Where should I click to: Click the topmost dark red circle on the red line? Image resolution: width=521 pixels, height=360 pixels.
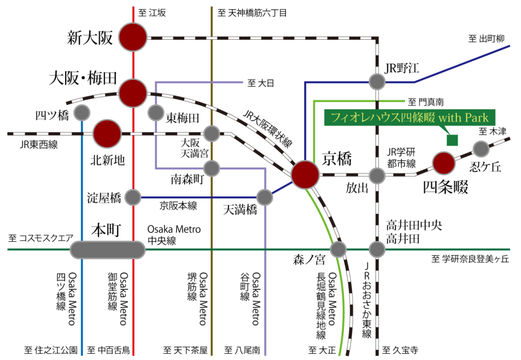133,37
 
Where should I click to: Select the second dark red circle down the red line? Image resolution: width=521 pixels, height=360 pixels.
133,93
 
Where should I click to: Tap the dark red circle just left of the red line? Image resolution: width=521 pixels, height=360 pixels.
107,133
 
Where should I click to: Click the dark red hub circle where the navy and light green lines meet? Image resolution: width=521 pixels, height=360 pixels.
305,174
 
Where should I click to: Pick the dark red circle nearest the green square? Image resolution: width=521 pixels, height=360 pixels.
443,163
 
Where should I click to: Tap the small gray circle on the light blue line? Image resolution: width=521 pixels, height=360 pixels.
82,112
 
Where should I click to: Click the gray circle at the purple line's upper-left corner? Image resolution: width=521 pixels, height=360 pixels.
156,112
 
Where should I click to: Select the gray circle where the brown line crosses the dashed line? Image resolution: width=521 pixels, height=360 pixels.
212,134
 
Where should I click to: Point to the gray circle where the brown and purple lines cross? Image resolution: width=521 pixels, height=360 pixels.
212,168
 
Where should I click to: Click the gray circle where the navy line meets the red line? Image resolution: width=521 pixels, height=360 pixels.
133,197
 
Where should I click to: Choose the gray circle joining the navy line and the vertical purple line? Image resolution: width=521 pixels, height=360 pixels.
265,197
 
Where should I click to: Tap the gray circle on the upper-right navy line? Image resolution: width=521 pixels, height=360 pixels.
377,81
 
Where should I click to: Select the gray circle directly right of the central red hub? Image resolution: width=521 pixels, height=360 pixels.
377,175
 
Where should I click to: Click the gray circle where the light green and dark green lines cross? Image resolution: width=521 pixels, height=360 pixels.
338,250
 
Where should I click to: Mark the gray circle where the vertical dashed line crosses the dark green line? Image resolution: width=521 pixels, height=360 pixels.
377,250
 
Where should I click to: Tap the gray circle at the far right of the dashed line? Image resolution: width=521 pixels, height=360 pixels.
481,149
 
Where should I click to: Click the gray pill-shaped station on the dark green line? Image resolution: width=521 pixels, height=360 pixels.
107,250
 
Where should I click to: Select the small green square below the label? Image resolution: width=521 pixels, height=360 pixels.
452,140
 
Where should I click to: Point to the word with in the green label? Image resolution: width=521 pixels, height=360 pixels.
449,118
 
